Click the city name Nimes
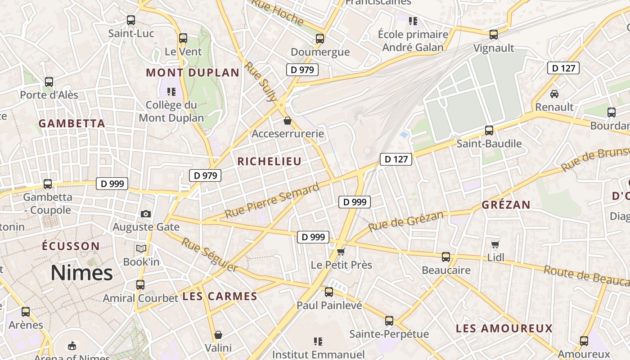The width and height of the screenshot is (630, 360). [81, 273]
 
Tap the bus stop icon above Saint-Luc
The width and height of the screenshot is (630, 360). [131, 20]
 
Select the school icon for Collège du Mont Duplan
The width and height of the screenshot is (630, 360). [171, 92]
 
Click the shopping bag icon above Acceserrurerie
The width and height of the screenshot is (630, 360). [288, 121]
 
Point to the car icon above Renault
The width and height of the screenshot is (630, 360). [554, 94]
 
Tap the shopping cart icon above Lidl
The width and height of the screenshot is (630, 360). [495, 244]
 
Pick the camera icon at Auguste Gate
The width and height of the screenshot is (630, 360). [145, 214]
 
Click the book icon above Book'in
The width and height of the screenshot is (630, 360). [141, 248]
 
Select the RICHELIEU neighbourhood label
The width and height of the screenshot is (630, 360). [269, 162]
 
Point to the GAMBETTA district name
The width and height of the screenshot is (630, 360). [72, 123]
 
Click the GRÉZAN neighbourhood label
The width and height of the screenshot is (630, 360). [506, 205]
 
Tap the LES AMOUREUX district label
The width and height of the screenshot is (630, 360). [504, 328]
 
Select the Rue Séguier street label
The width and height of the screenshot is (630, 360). [209, 255]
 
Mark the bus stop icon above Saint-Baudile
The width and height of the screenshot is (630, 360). [489, 130]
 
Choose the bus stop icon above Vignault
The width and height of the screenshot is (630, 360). [494, 35]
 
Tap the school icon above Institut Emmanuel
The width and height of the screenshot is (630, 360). [318, 342]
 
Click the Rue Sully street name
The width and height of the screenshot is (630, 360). [261, 81]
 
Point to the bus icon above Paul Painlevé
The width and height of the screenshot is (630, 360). [329, 292]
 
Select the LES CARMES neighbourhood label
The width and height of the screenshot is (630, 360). [220, 296]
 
